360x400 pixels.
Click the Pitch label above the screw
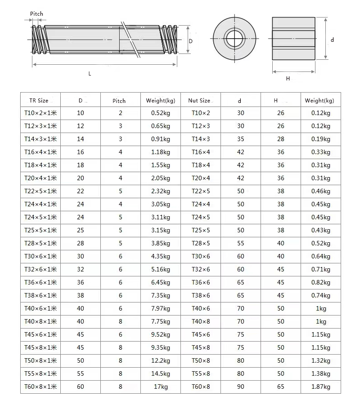(36, 14)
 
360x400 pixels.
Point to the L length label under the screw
(90, 74)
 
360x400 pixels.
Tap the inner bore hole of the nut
(234, 40)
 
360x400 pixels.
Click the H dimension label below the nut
(288, 79)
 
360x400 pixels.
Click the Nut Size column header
(199, 100)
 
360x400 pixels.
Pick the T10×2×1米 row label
(40, 113)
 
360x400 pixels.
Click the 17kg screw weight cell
(161, 387)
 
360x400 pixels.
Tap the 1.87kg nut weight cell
(320, 387)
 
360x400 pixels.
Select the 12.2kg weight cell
(161, 360)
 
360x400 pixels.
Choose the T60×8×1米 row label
(40, 387)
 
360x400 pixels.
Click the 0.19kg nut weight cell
(320, 139)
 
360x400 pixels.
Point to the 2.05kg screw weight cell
(161, 178)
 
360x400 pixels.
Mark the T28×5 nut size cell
(201, 243)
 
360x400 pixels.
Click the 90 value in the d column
(241, 387)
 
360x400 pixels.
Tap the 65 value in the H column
(281, 387)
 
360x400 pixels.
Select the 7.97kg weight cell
(161, 308)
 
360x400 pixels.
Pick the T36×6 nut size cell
(201, 282)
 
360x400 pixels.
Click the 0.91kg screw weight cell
(161, 139)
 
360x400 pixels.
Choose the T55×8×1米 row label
(40, 373)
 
